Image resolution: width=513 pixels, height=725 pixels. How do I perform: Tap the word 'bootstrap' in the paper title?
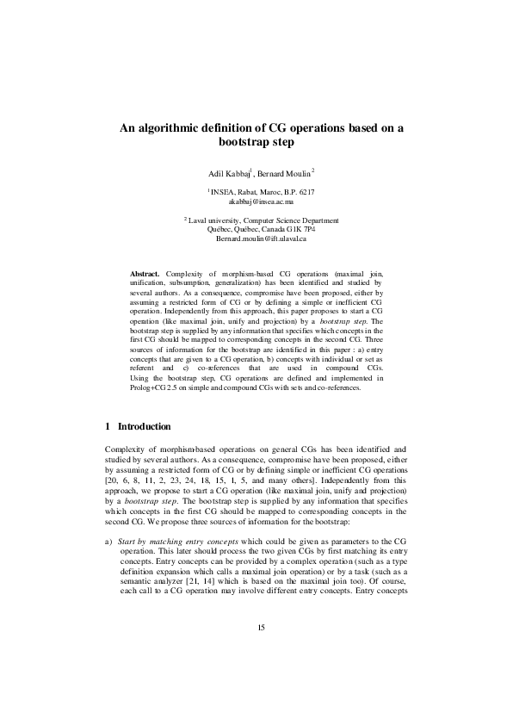pyautogui.click(x=248, y=142)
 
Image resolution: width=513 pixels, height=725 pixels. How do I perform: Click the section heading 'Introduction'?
pyautogui.click(x=144, y=426)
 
